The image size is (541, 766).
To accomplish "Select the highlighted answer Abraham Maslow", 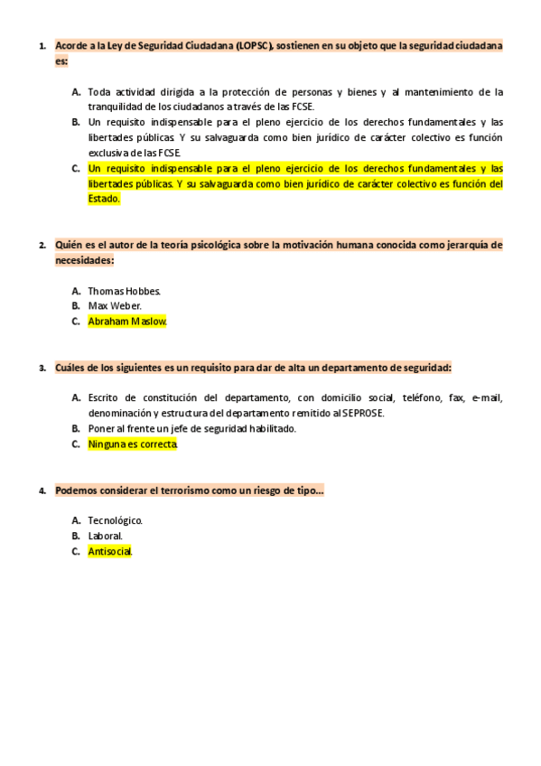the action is [x=127, y=321].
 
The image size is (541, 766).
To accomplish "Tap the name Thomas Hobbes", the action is [x=124, y=291].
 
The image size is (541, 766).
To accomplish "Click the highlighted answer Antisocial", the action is [x=110, y=551].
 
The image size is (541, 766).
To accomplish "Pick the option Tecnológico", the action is [x=115, y=520].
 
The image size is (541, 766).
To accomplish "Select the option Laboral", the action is [x=105, y=536].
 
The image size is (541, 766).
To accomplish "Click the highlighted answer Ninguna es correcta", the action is [x=133, y=444].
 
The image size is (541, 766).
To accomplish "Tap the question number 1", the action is [x=42, y=46].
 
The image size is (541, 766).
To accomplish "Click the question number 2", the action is [x=42, y=245].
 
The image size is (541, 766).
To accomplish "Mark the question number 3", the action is [x=42, y=368].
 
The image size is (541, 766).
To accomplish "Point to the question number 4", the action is [x=42, y=490].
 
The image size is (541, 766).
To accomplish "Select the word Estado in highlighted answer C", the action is [x=103, y=199].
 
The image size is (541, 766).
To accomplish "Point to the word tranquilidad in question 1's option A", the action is [x=117, y=107].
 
